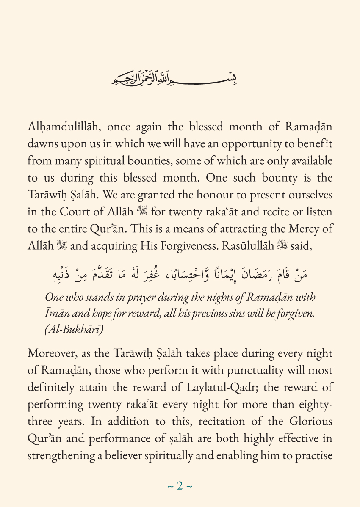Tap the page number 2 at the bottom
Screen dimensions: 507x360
pos(180,486)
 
